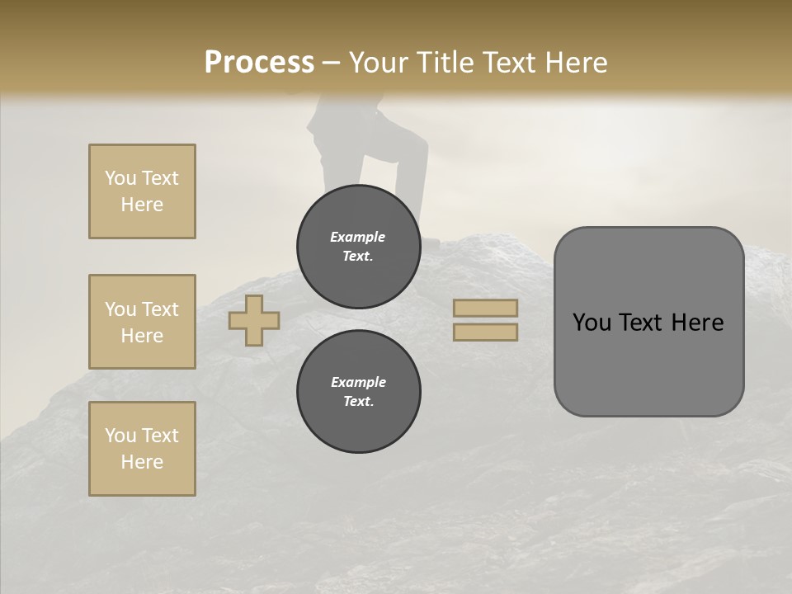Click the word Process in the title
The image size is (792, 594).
(259, 63)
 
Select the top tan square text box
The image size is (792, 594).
(142, 191)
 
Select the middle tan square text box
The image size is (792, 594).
(142, 322)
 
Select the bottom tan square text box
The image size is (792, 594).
(142, 448)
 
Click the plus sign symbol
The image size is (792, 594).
(254, 320)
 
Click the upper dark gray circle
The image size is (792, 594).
(358, 247)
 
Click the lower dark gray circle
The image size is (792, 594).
(358, 392)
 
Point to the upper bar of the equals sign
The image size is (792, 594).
(485, 308)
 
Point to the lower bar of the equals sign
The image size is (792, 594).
(485, 332)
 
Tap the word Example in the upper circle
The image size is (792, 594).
(358, 237)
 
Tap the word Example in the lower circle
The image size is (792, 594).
(358, 382)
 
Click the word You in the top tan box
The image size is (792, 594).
(120, 178)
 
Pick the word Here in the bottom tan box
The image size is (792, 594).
(142, 462)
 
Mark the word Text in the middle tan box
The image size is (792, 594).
(160, 309)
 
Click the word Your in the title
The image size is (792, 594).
(379, 63)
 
